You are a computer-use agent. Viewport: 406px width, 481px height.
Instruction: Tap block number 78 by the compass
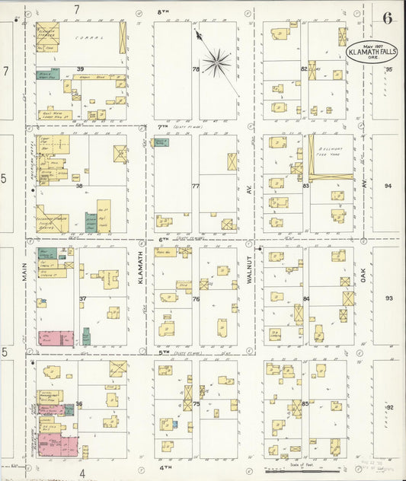pos(195,69)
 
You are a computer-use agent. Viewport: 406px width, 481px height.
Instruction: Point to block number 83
pos(305,185)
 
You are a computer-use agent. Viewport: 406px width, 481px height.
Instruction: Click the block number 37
pos(82,298)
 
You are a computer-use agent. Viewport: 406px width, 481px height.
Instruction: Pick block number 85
pos(305,403)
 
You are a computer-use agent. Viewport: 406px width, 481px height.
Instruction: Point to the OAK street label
pos(364,282)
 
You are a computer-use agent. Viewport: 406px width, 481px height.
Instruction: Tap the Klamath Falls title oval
pos(371,51)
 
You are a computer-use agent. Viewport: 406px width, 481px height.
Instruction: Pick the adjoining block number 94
pos(388,186)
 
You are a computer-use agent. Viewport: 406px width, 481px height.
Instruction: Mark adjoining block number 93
pos(388,298)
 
